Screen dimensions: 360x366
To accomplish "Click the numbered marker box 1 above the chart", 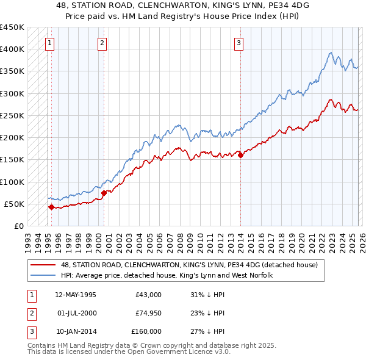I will click(x=49, y=43).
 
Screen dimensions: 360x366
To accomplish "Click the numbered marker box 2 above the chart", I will click(x=102, y=43).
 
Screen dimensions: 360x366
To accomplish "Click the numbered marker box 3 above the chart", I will click(x=239, y=43).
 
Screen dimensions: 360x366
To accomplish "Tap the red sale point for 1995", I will click(x=51, y=207).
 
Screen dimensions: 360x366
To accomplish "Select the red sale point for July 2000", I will click(x=104, y=193).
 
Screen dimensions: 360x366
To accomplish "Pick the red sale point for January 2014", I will click(x=240, y=155).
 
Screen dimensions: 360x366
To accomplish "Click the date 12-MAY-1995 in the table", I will click(x=76, y=295).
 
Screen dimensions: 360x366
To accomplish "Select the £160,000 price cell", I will click(x=147, y=331).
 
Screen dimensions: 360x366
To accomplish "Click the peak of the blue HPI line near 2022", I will click(x=330, y=52).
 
